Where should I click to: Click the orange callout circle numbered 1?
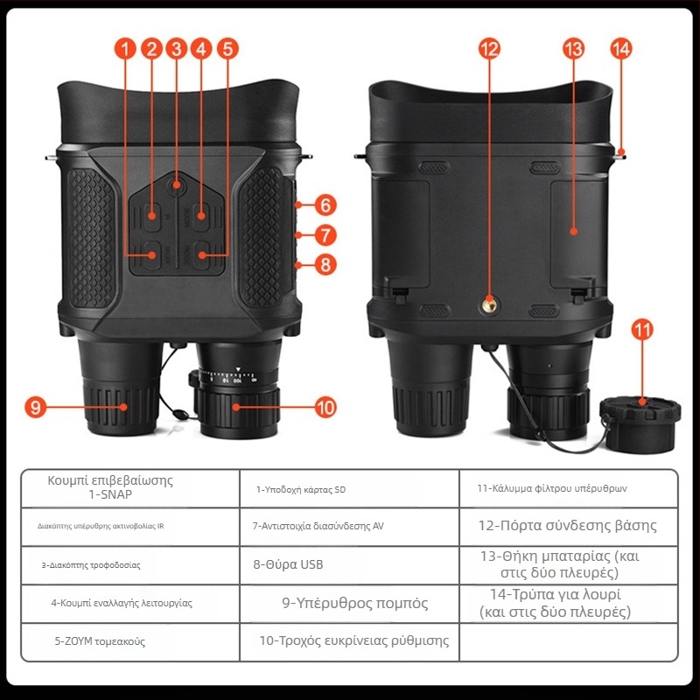point(125,49)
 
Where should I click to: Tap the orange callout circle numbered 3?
point(177,49)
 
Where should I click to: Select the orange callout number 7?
point(325,235)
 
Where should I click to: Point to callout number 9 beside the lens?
point(36,407)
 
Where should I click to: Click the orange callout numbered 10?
point(325,407)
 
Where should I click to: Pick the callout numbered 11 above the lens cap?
point(642,331)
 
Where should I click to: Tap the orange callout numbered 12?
point(490,49)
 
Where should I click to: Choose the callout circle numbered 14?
point(621,49)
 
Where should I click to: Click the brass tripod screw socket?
point(490,305)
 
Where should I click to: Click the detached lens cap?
point(640,423)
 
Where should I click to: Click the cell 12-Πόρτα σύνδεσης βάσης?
point(567,526)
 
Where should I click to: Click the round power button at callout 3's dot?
point(177,185)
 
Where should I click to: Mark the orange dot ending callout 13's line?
point(574,231)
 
